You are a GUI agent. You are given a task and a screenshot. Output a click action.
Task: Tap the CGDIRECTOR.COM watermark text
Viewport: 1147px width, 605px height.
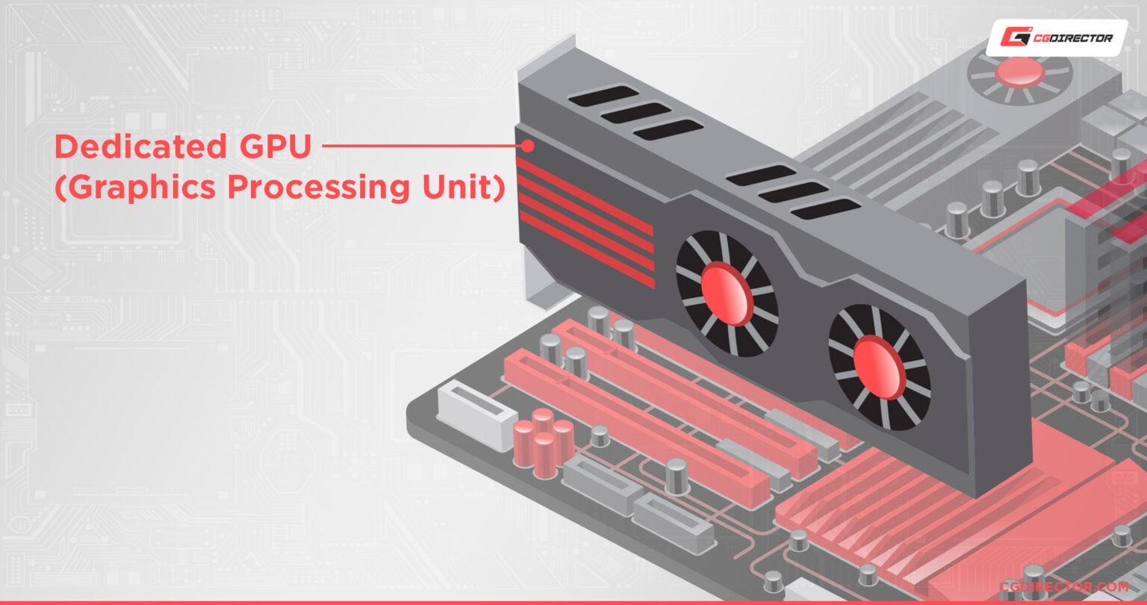[x=1065, y=587]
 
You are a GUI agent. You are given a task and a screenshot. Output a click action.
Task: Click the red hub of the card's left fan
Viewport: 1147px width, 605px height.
[x=727, y=294]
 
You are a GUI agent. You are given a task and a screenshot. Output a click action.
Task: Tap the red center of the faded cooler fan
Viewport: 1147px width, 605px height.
[x=1020, y=72]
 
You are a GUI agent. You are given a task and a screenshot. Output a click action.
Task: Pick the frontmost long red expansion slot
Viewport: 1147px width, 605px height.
[x=635, y=433]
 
